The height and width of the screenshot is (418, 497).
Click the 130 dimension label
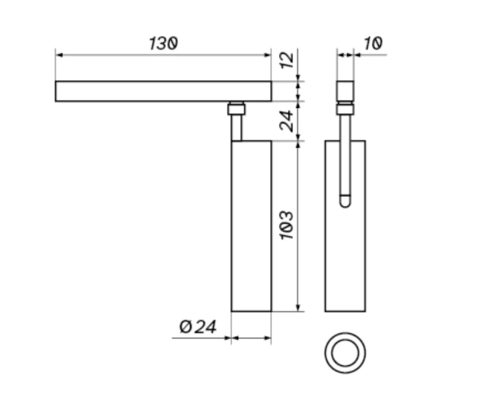click(163, 43)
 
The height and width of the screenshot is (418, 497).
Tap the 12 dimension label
click(287, 60)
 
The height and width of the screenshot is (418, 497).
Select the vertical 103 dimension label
click(287, 225)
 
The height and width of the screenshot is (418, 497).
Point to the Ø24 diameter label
click(198, 327)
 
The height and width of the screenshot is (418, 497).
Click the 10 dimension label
click(373, 43)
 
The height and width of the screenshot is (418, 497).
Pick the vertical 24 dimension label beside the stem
click(287, 120)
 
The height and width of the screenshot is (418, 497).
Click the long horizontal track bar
click(163, 91)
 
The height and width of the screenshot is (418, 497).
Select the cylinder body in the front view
click(252, 226)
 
